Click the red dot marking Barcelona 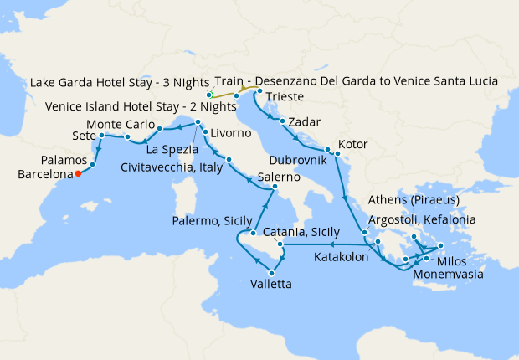pos(77,174)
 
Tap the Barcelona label pos(42,175)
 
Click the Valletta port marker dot pos(271,273)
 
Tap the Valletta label pos(271,285)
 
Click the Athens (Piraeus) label pos(412,200)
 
